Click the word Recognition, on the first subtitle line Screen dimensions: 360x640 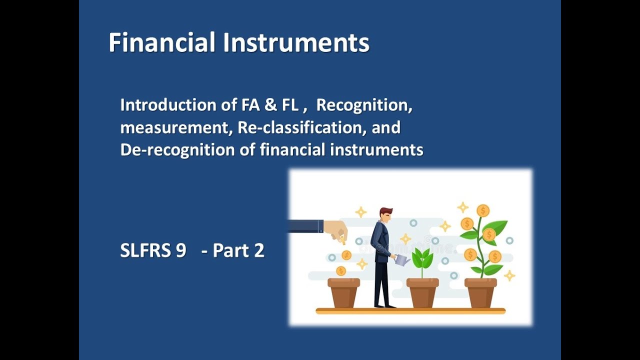(x=364, y=105)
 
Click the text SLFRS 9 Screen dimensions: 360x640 (x=153, y=250)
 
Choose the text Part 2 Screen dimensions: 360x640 (x=238, y=250)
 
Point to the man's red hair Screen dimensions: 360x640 (x=385, y=211)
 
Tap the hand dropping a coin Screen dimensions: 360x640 (x=336, y=230)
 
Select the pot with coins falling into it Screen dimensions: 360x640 (x=343, y=292)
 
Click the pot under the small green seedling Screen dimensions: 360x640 (x=422, y=292)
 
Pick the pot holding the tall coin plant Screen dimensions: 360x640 (x=480, y=292)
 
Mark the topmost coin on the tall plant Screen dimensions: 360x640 (x=483, y=210)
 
